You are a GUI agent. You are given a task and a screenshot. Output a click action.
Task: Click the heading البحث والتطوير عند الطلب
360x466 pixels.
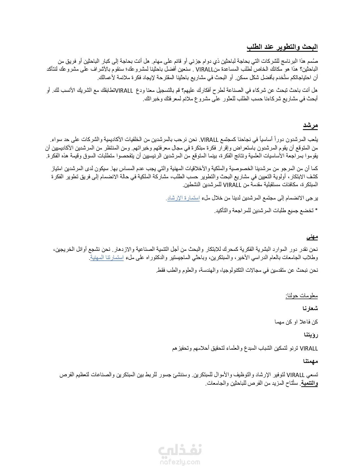(282, 47)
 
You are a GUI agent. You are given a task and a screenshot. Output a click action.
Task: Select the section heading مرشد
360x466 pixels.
(310, 126)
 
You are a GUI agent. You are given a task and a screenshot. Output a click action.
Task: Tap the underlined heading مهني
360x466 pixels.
(312, 237)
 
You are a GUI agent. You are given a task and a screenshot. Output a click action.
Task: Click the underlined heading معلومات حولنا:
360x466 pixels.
(302, 296)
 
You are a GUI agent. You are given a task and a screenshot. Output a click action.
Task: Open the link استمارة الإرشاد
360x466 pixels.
(183, 198)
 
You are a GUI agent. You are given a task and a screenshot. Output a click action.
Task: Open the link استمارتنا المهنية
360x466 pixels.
(107, 258)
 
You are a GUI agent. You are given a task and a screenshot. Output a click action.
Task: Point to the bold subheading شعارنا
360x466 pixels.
(310, 308)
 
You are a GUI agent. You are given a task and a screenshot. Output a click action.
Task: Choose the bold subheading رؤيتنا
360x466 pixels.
(311, 335)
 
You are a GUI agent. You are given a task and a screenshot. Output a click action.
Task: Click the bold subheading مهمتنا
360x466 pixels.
(311, 361)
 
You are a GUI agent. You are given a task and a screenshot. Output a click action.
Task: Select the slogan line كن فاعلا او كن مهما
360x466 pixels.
(296, 322)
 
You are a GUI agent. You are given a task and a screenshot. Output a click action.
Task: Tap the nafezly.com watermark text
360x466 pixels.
(180, 462)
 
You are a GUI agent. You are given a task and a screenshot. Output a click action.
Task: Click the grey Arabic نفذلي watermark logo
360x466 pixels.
(180, 451)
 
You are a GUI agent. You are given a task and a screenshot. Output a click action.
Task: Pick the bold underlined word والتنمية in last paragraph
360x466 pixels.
(309, 383)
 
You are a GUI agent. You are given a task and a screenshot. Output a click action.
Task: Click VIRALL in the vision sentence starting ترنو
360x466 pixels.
(309, 349)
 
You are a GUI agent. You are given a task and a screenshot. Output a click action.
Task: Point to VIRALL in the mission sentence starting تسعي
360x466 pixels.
(295, 375)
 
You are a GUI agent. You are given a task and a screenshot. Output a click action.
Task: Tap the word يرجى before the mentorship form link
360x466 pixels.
(312, 198)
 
